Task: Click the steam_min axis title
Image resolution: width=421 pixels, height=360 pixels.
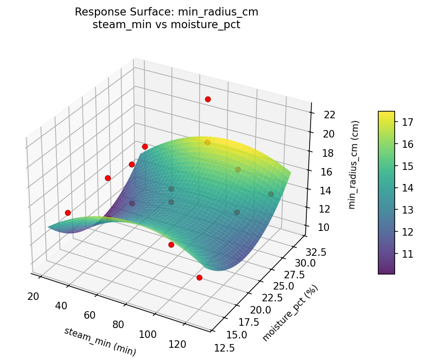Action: (x=100, y=341)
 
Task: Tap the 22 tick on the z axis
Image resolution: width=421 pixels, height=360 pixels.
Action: (x=329, y=115)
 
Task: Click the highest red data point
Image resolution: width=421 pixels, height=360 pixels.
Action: (x=208, y=99)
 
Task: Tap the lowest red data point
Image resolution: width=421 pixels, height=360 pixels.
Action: (x=199, y=277)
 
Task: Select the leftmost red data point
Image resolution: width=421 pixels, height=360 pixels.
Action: (x=68, y=213)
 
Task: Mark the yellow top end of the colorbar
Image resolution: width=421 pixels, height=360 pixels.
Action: (x=386, y=114)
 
